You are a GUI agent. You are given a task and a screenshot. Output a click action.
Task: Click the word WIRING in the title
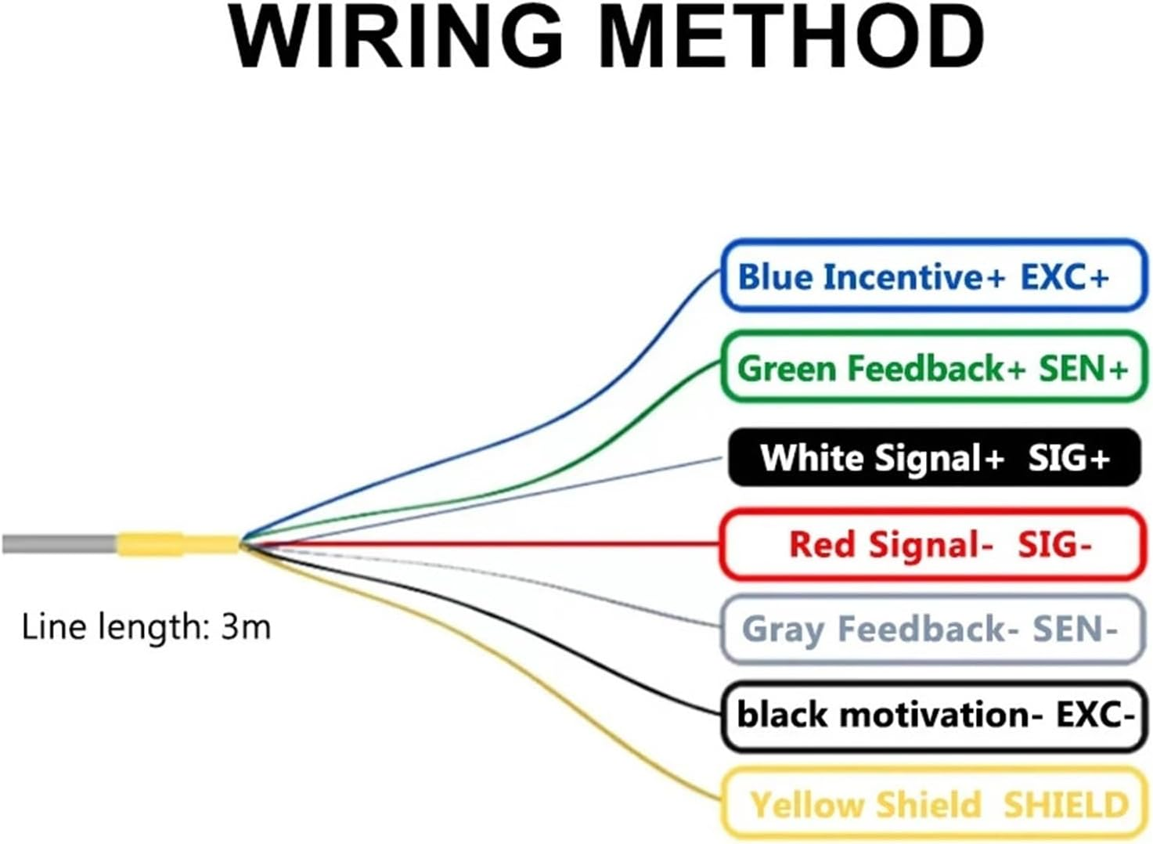click(x=395, y=38)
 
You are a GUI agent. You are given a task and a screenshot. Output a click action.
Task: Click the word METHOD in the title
click(x=791, y=38)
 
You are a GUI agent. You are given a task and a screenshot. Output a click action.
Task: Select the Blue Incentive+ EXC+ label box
click(x=933, y=276)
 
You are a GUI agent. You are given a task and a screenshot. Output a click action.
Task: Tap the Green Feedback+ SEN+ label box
click(x=933, y=367)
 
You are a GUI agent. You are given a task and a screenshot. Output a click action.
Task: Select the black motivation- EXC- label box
click(x=933, y=715)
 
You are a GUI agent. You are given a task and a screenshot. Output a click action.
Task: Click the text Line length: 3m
click(x=146, y=627)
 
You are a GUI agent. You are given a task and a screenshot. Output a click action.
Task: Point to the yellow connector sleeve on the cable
click(x=178, y=543)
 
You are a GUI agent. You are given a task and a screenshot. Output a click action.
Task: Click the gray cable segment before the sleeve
click(x=59, y=543)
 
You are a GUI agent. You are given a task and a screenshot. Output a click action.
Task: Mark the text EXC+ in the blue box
click(x=1065, y=276)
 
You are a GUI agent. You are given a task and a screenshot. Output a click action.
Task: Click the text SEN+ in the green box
click(x=1083, y=367)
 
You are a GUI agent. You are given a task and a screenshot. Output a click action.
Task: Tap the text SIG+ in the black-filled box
click(x=1069, y=457)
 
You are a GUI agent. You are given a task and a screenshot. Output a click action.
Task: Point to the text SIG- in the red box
click(x=1054, y=544)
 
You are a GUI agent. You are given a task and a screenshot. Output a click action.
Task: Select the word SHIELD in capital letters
click(x=1066, y=804)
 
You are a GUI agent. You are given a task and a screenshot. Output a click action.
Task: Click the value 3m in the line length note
click(x=246, y=627)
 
